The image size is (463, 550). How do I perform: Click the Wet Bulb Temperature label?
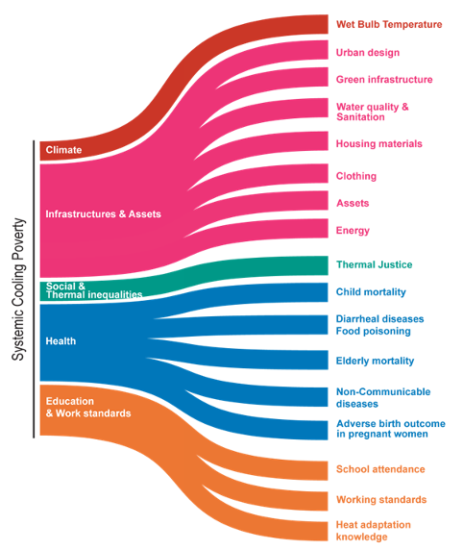(389, 25)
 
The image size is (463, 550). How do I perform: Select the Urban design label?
(368, 53)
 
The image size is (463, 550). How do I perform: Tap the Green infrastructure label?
(384, 80)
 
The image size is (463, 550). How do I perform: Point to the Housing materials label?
(378, 144)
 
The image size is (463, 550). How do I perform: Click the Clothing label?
(356, 176)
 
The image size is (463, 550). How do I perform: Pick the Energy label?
(353, 231)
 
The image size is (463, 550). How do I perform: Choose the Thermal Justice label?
(374, 264)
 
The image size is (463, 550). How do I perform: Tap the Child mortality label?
(371, 292)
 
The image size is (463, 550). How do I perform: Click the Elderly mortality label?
(375, 361)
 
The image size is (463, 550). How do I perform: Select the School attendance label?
(380, 469)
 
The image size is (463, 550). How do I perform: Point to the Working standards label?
(381, 499)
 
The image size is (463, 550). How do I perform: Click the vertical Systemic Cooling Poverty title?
(18, 289)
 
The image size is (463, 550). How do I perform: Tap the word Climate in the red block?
(63, 150)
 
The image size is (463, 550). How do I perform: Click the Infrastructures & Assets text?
(104, 214)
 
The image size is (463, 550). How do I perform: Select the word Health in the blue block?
(61, 341)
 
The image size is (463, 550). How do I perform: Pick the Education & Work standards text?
(88, 408)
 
